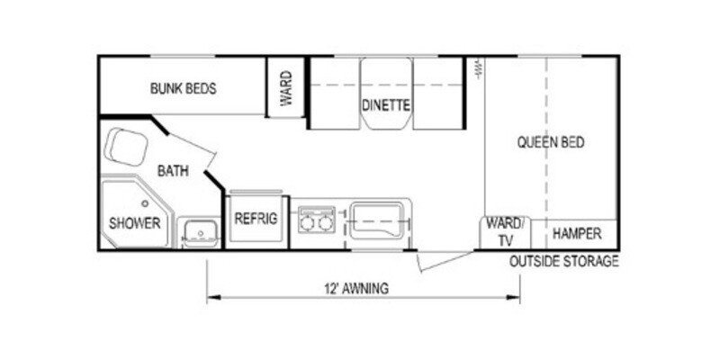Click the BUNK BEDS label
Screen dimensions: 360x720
click(183, 89)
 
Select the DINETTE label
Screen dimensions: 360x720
click(387, 105)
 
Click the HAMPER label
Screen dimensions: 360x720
click(577, 234)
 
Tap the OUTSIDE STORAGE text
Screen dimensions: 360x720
click(563, 262)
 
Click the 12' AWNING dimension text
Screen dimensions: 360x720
click(356, 289)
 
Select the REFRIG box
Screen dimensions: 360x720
click(256, 219)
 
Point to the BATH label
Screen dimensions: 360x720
click(173, 171)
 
